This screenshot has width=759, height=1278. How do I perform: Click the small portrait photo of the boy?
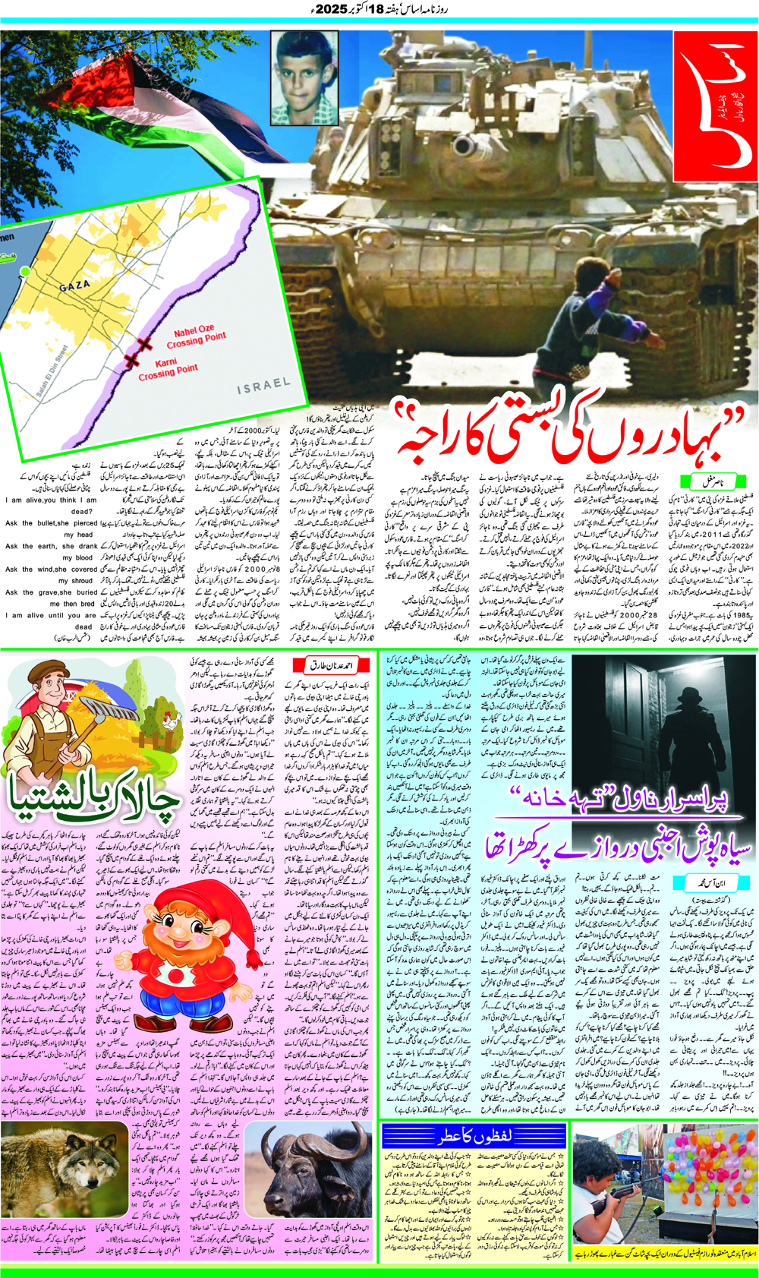(x=304, y=77)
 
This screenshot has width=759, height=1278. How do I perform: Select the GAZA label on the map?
(x=75, y=286)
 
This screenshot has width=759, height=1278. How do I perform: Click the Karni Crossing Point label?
(x=168, y=368)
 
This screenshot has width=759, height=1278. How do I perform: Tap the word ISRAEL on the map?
(x=263, y=386)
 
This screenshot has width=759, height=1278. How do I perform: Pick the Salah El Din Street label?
(x=52, y=371)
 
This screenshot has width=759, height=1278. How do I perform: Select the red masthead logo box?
(x=714, y=106)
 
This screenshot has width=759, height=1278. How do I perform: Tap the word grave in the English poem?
(x=49, y=592)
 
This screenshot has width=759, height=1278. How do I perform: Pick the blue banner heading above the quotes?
(x=474, y=1137)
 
